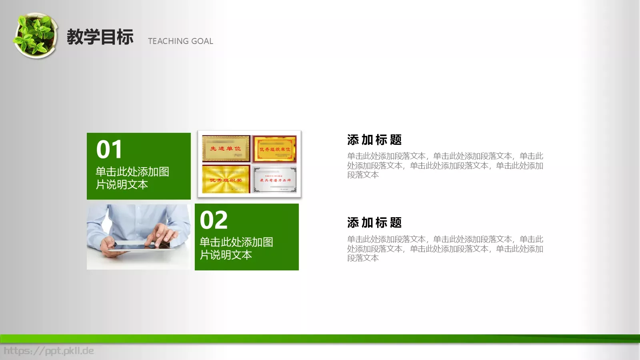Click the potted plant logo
click(x=35, y=36)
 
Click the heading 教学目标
click(x=100, y=37)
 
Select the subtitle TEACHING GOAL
click(x=180, y=41)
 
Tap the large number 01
click(x=109, y=150)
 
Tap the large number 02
click(x=214, y=220)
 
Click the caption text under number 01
click(x=132, y=178)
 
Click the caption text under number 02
click(x=236, y=248)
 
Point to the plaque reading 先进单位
click(x=226, y=148)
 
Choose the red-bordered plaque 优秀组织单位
click(x=275, y=149)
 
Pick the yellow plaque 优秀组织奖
click(x=226, y=180)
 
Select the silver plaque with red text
click(x=275, y=180)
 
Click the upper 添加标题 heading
click(x=374, y=140)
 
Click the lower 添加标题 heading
click(x=374, y=223)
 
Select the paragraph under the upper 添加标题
click(x=445, y=165)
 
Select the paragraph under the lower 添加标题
click(x=445, y=248)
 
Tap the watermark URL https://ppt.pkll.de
click(x=49, y=351)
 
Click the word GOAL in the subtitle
click(x=202, y=41)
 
